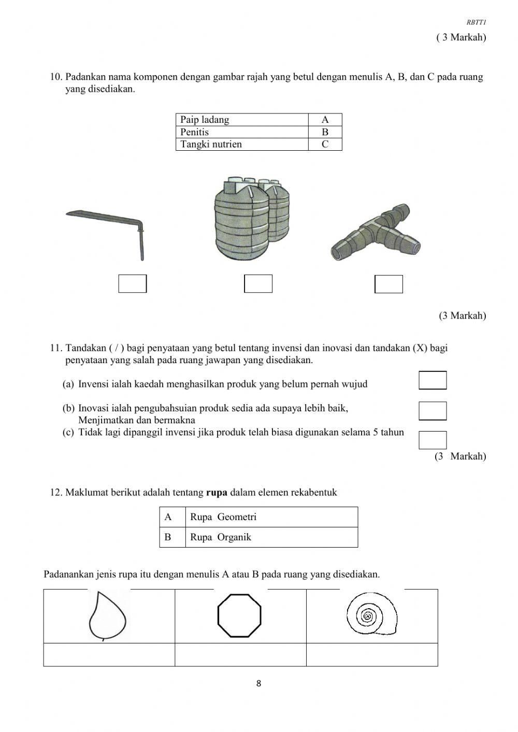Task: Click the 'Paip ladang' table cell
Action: coord(242,120)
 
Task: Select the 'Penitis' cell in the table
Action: coord(242,132)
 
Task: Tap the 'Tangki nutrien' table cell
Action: coord(242,145)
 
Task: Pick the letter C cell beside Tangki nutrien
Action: coord(325,145)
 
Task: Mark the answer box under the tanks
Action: coord(258,284)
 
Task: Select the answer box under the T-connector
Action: coord(388,284)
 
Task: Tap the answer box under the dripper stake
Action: coord(133,284)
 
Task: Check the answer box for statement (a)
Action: coord(433,380)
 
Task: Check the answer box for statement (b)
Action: coord(433,411)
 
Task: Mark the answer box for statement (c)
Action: coord(433,440)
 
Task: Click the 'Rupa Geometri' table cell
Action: coord(271,517)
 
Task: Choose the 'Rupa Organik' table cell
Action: coord(271,537)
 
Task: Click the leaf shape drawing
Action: coord(108,617)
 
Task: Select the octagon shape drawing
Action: coord(239,615)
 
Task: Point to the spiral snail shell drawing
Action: coord(371,615)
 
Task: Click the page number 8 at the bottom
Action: coord(258,684)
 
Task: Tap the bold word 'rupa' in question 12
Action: coord(217,493)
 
